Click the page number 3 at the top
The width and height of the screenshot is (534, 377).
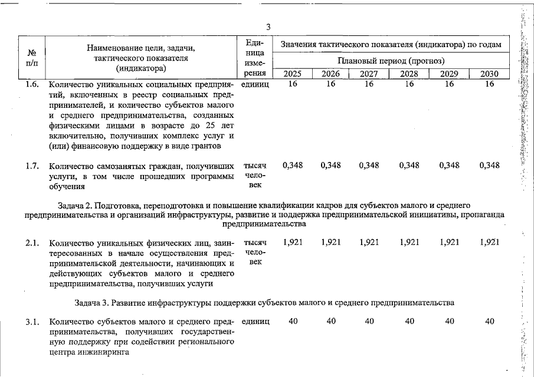268,27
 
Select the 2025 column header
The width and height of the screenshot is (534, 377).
293,74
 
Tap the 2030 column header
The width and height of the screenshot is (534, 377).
489,74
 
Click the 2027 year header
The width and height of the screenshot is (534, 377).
369,74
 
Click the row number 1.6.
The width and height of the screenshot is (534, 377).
32,84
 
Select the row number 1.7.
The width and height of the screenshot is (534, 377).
32,166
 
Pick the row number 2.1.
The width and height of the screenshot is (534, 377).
32,242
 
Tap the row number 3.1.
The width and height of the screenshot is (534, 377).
32,322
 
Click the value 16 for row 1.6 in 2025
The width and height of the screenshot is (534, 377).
293,84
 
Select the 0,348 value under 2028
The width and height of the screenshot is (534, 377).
409,166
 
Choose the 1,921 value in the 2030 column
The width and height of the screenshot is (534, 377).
489,242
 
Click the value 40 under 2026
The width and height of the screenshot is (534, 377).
331,322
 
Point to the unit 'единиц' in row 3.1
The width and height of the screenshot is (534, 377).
255,322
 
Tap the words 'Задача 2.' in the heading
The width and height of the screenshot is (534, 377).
77,205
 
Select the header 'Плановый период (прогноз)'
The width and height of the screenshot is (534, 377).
391,61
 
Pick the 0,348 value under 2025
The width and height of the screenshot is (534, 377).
293,166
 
